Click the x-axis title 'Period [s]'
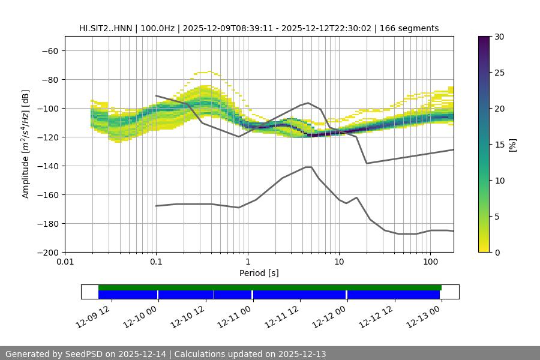tap(259, 273)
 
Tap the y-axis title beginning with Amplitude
tap(26, 144)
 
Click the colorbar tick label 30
tap(499, 37)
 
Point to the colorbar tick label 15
tap(499, 145)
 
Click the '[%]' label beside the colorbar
tap(512, 144)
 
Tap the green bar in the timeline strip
tap(270, 287)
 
